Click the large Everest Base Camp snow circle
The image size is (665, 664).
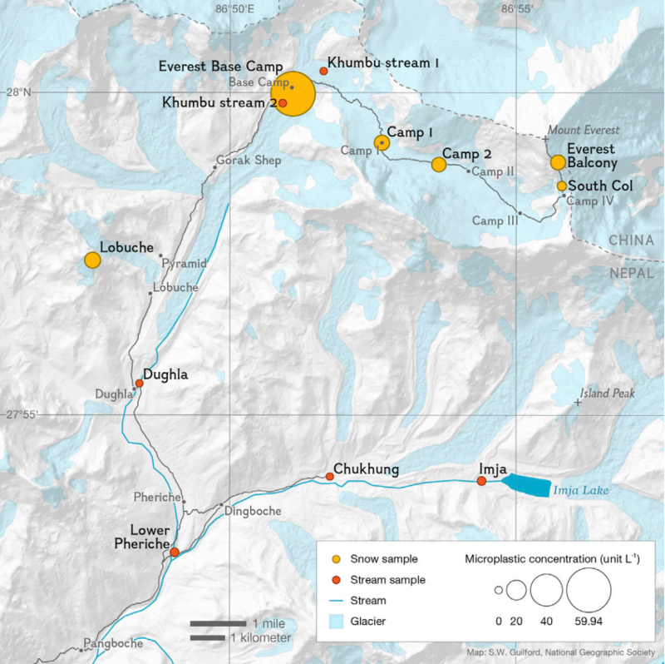293,94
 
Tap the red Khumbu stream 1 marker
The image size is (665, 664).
323,72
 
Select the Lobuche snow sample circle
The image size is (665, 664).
92,260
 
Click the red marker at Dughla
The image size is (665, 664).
140,384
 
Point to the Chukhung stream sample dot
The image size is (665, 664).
330,477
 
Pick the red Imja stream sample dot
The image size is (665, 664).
481,481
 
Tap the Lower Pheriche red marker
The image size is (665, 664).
175,552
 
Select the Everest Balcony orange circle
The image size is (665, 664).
558,162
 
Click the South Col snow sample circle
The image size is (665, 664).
562,186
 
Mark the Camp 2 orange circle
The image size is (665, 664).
439,165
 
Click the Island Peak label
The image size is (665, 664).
608,394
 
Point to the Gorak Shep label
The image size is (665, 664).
249,160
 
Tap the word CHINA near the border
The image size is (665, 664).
631,240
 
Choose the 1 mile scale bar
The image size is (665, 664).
218,622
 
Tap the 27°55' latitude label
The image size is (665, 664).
20,414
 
